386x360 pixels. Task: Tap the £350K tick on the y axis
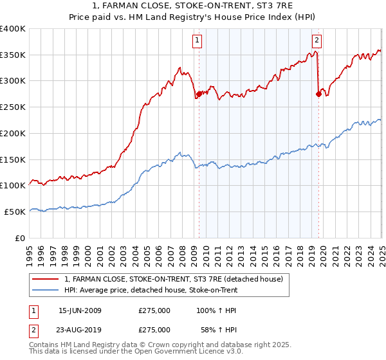point(13,55)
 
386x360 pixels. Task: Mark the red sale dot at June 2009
point(199,94)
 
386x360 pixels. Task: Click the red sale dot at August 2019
point(318,94)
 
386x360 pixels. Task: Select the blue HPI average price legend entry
point(151,290)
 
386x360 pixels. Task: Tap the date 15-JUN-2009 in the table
point(80,310)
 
